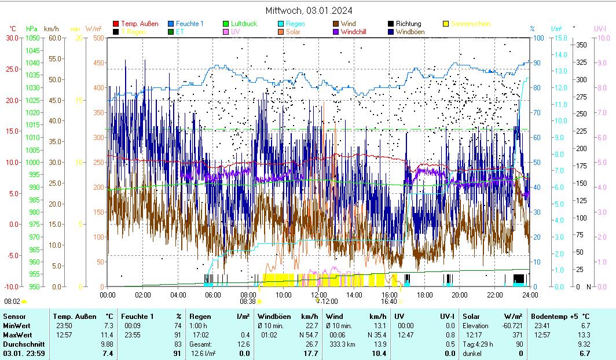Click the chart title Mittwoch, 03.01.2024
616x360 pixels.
click(x=309, y=10)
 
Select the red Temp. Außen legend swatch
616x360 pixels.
click(x=116, y=24)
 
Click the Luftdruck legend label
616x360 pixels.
click(x=244, y=24)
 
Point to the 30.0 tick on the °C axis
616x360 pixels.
click(x=12, y=38)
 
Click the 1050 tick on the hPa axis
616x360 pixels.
click(x=32, y=38)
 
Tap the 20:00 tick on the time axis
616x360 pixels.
click(x=460, y=295)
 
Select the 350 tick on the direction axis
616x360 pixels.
click(x=582, y=45)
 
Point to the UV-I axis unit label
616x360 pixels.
click(x=600, y=28)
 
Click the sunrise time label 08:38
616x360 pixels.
click(x=247, y=301)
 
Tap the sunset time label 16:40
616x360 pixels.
click(x=388, y=301)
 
